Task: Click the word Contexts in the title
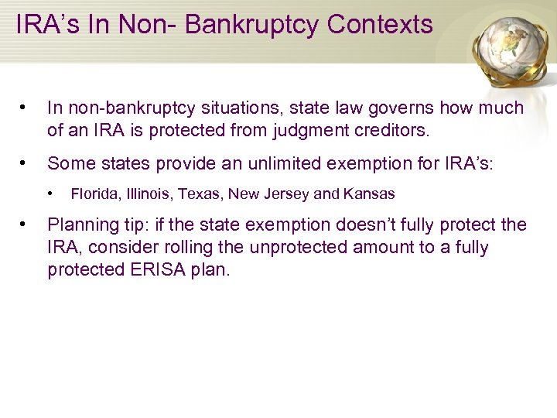point(380,25)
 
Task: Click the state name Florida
point(91,194)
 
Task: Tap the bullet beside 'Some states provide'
point(26,163)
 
